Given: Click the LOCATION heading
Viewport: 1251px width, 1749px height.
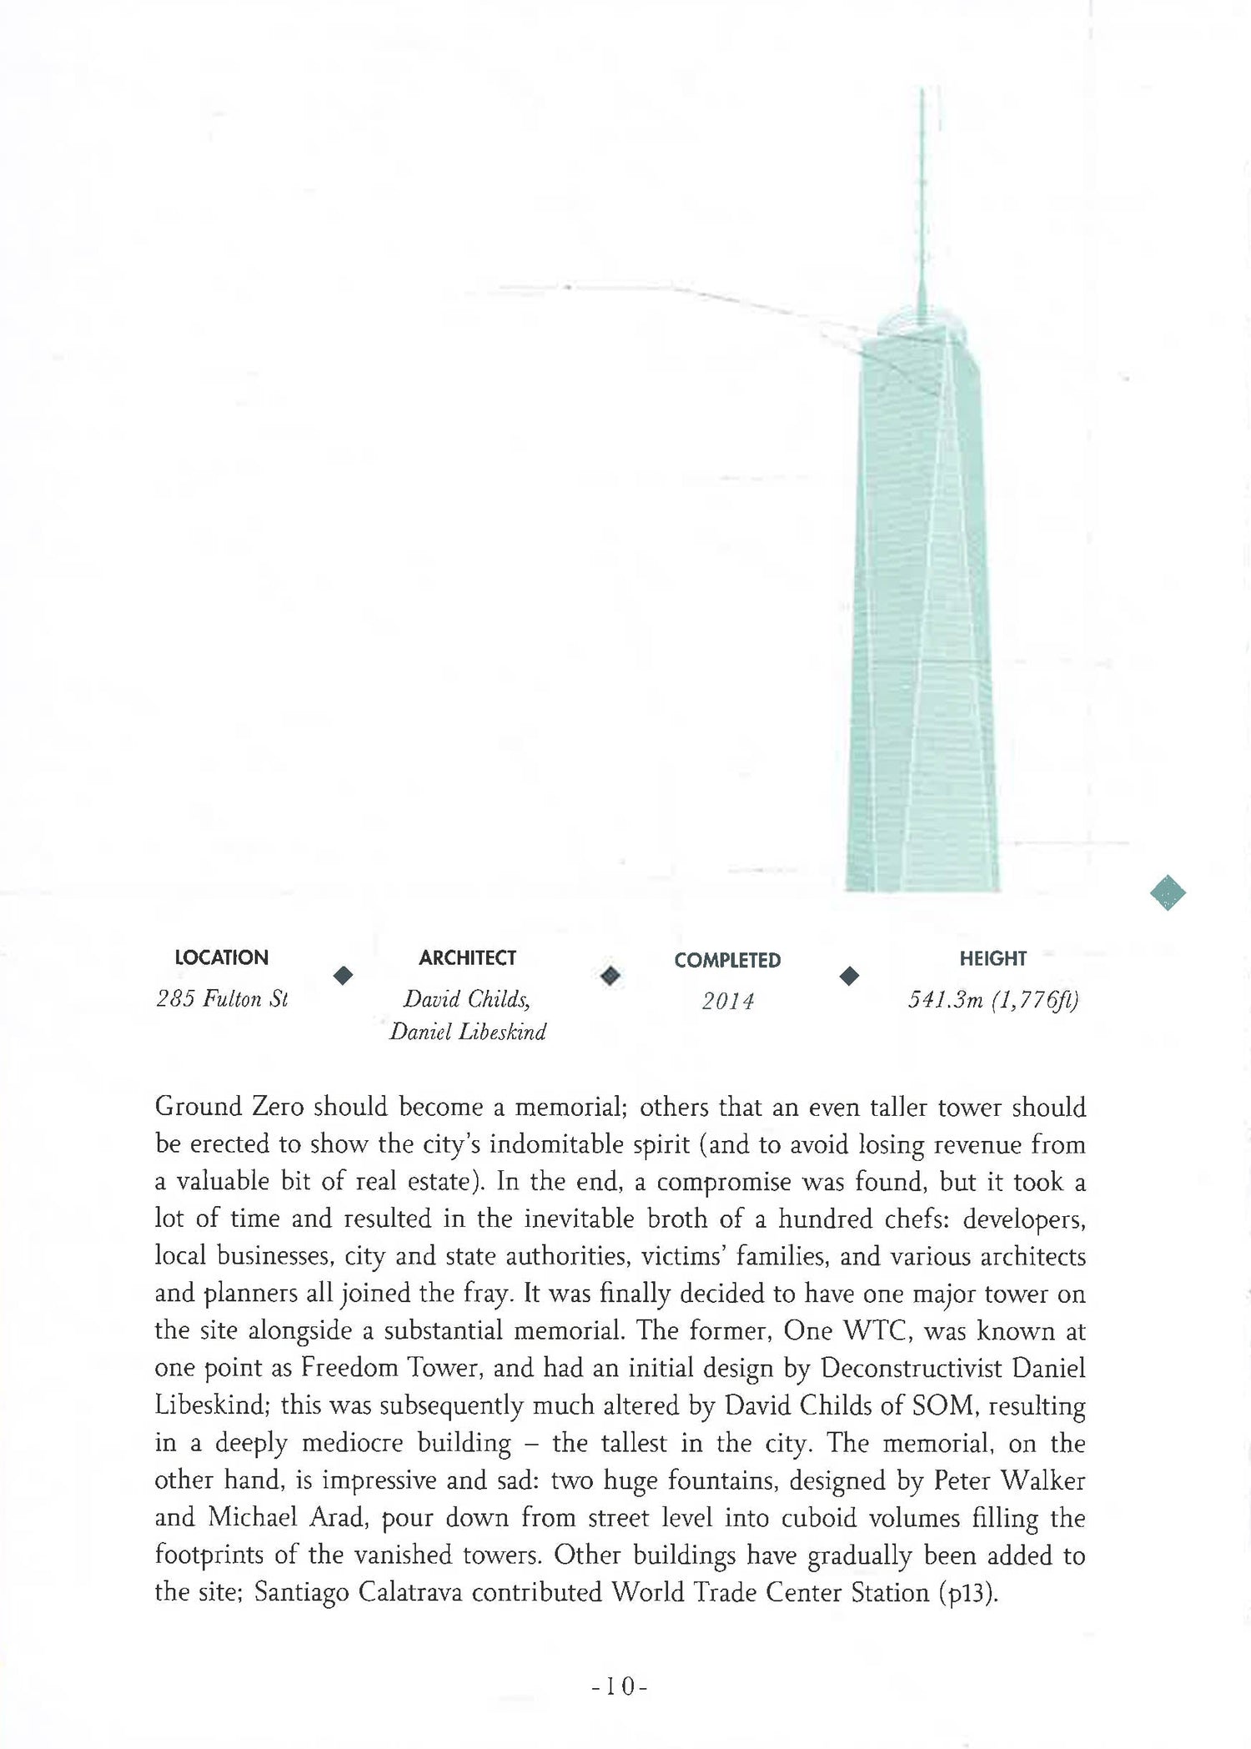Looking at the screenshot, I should [x=221, y=957].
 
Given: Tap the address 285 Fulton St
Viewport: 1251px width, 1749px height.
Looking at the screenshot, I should [x=222, y=998].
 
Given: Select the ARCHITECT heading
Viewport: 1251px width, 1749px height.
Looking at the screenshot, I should [x=467, y=957].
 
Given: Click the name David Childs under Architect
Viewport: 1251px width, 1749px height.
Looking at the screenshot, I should [x=467, y=998].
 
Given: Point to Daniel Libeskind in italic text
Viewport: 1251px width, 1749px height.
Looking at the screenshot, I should [x=467, y=1033].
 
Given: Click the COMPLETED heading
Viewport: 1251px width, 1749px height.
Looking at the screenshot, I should [x=727, y=960].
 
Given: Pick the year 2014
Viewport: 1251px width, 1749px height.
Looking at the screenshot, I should [x=727, y=1001].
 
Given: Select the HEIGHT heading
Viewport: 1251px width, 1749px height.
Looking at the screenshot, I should [x=992, y=958].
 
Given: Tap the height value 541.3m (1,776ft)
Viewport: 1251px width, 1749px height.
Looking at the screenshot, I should [x=992, y=999].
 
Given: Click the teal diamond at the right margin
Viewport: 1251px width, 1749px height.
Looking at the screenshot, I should [x=1168, y=892].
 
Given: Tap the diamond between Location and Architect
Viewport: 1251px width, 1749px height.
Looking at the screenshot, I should [x=343, y=975].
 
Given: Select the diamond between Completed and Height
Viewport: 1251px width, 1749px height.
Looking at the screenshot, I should [x=849, y=976].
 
